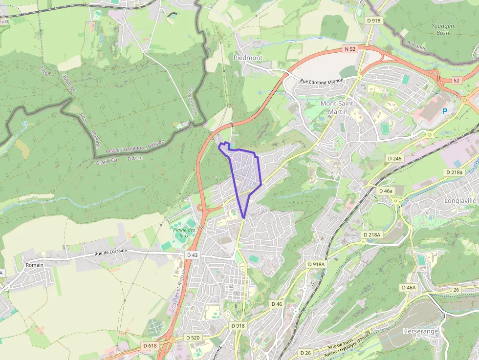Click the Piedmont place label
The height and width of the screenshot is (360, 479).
coord(248,58)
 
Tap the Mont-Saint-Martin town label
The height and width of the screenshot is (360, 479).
coord(336,108)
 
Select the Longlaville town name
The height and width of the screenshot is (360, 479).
coord(460,200)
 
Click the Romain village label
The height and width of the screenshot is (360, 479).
coord(35,265)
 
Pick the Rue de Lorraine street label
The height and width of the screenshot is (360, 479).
coord(110,252)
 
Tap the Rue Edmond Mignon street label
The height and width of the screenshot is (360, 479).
coord(323,82)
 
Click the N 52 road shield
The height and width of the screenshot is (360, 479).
coord(349,49)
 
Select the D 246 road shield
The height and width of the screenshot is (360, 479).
coord(394,158)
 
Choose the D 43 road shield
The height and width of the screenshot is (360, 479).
coord(192,255)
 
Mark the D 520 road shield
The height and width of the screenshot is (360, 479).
coord(193,338)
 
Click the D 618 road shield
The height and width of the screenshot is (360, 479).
coord(150,345)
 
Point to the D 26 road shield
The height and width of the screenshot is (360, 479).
coord(305,353)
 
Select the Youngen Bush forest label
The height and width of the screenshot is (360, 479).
coord(443,29)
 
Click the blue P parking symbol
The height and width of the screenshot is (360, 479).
coord(445,111)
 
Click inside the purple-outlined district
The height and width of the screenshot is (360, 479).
coord(244,171)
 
